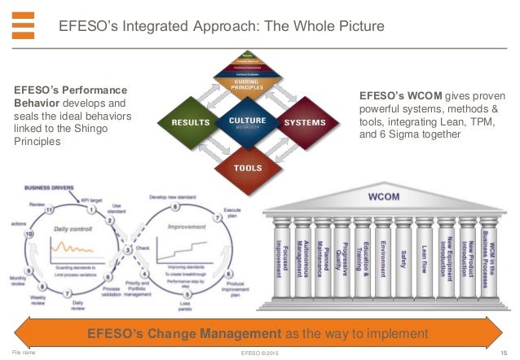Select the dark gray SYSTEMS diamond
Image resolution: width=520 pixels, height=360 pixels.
(x=304, y=122)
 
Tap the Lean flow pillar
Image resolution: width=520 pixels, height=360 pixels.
(x=425, y=261)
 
